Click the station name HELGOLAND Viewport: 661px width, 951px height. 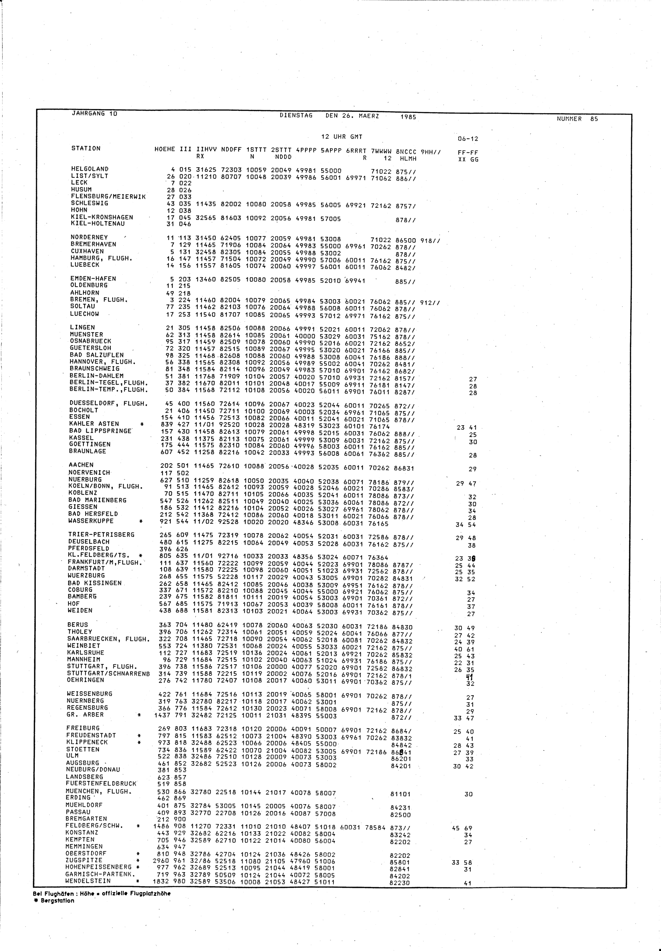90,169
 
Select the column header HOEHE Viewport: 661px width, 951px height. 164,149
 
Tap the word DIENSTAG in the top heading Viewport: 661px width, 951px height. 296,116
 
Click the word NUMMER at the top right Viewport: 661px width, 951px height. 569,119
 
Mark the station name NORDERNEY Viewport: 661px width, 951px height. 89,237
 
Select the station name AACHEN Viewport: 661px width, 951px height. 81,465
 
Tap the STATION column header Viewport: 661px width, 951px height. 86,148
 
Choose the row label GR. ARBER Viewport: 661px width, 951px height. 85,715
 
